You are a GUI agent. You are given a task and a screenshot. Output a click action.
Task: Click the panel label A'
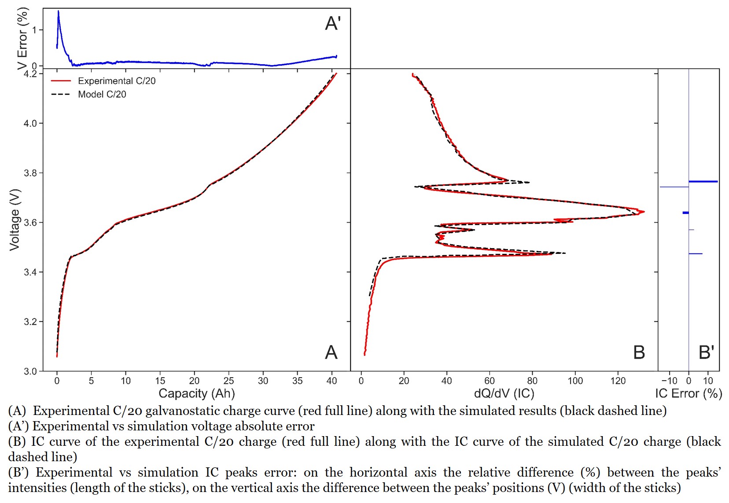pyautogui.click(x=333, y=23)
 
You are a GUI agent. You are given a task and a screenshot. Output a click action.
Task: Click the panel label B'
pyautogui.click(x=706, y=352)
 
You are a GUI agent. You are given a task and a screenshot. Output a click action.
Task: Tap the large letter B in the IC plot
pyautogui.click(x=639, y=352)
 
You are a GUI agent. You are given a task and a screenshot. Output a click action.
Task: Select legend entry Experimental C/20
pyautogui.click(x=116, y=81)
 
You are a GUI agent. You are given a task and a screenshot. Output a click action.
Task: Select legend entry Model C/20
pyautogui.click(x=102, y=94)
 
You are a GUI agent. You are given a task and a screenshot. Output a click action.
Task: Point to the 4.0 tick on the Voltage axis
pyautogui.click(x=30, y=123)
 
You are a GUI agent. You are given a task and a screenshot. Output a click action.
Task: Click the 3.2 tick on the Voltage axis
pyautogui.click(x=30, y=322)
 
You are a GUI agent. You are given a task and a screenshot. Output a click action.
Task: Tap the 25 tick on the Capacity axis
pyautogui.click(x=228, y=381)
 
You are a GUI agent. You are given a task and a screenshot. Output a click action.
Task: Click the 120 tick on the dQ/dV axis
pyautogui.click(x=618, y=381)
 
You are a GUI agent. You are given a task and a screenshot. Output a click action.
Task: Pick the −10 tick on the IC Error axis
pyautogui.click(x=669, y=381)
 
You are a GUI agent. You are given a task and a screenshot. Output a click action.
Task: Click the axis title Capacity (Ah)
pyautogui.click(x=196, y=393)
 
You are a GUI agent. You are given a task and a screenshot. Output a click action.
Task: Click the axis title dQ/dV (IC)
pyautogui.click(x=504, y=393)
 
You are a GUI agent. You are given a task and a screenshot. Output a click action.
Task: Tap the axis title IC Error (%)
pyautogui.click(x=688, y=393)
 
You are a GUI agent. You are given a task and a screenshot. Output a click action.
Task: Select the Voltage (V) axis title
pyautogui.click(x=15, y=220)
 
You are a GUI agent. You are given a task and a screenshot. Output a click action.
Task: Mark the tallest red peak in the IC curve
pyautogui.click(x=644, y=212)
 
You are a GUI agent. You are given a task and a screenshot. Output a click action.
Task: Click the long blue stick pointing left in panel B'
pyautogui.click(x=674, y=187)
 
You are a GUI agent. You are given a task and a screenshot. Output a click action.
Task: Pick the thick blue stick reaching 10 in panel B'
pyautogui.click(x=703, y=181)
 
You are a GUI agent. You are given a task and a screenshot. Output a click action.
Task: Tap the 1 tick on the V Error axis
pyautogui.click(x=35, y=30)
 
